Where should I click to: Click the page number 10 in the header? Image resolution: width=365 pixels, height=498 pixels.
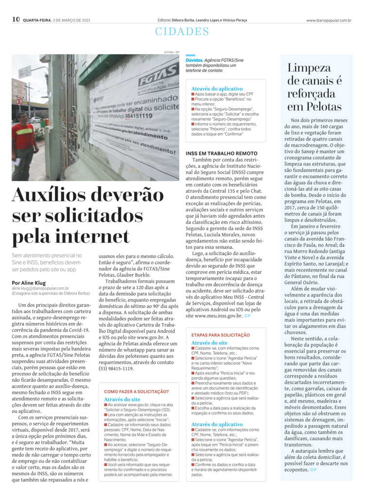[16, 19]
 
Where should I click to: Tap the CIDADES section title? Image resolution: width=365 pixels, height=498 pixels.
[182, 32]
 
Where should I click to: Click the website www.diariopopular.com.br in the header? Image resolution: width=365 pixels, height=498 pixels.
[329, 20]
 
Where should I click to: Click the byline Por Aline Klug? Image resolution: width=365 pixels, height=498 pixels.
[29, 283]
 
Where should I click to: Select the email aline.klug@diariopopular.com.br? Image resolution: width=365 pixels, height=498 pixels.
[40, 288]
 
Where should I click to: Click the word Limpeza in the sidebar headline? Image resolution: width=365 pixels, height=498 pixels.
[309, 68]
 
